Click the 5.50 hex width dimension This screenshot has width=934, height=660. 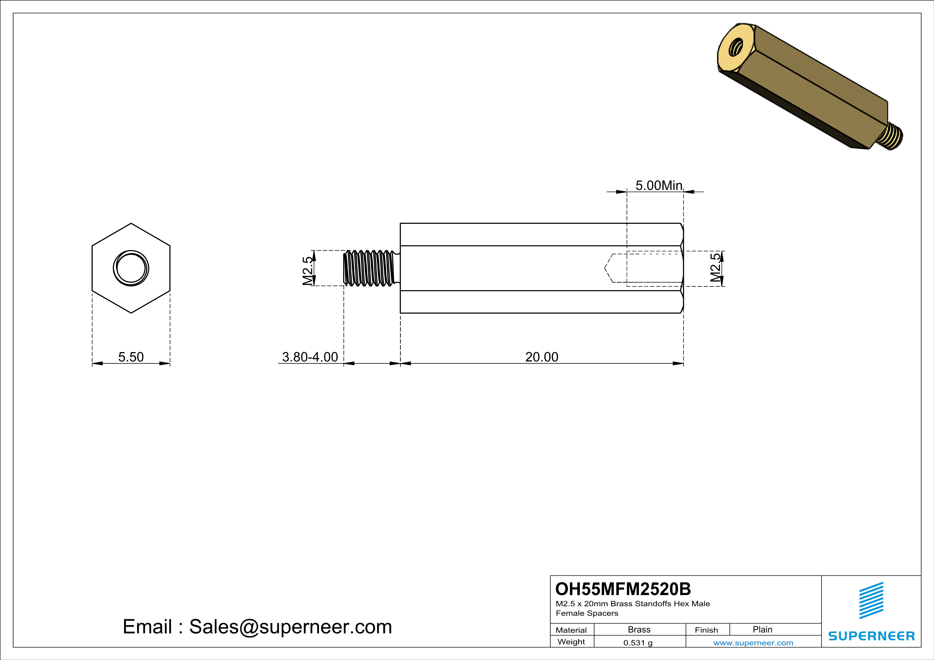click(131, 357)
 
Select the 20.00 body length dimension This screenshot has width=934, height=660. click(541, 357)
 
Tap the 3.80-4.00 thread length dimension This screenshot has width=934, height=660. click(310, 357)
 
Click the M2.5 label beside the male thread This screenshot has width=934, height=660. click(308, 271)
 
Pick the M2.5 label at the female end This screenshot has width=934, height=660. click(715, 267)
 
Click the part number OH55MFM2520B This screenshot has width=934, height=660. click(623, 589)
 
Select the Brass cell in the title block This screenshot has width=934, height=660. click(639, 629)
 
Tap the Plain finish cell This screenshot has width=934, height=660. click(762, 629)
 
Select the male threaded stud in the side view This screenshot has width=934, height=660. click(370, 268)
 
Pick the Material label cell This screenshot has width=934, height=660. click(571, 630)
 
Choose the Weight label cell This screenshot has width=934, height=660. click(571, 642)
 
